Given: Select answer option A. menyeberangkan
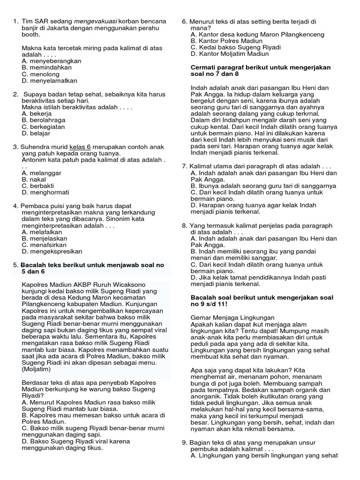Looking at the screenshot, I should (52, 61).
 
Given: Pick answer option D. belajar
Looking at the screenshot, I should (37, 133).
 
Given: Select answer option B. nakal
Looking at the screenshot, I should (34, 179).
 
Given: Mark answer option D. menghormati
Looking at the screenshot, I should (45, 192).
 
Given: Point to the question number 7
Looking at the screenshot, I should (184, 166).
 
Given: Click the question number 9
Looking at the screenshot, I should (184, 442).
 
